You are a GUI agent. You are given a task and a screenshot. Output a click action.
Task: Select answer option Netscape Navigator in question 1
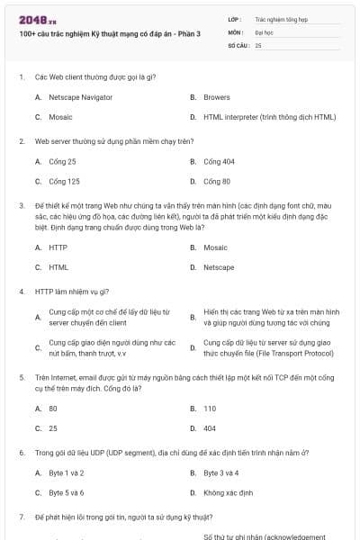tap(80, 96)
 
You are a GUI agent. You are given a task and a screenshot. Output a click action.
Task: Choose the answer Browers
tap(216, 96)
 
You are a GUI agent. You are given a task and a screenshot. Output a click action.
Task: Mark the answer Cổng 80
tap(217, 182)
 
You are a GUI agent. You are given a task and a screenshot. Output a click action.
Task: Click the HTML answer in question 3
tap(58, 267)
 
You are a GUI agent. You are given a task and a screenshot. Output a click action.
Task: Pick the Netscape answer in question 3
tap(219, 267)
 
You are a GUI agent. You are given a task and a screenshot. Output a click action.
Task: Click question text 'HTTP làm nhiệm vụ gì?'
tap(72, 291)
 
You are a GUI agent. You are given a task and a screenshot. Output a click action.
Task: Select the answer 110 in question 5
tap(210, 408)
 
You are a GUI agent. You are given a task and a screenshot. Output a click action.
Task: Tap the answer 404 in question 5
tap(210, 428)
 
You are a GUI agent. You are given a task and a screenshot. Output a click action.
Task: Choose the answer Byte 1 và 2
tap(67, 472)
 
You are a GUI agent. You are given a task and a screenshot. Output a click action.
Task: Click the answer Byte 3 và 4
tap(221, 472)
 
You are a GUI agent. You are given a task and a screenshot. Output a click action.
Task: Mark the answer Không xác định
tap(229, 493)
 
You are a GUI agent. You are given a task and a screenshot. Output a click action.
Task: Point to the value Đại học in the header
tap(264, 31)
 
